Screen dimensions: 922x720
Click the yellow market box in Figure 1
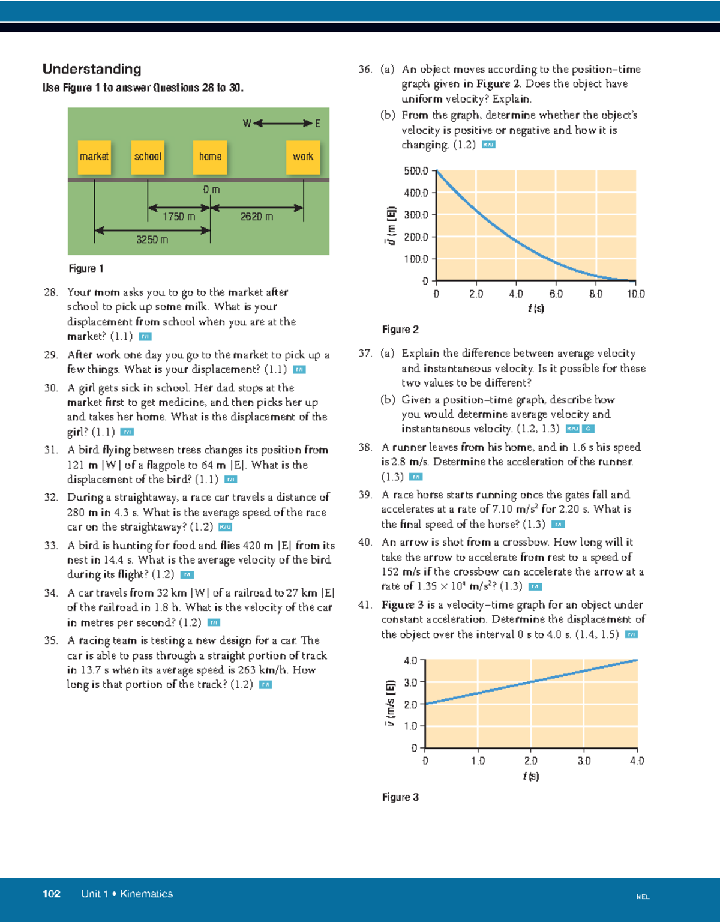(94, 157)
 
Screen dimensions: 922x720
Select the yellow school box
(148, 157)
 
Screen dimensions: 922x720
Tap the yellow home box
(210, 157)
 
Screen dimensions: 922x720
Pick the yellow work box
(303, 157)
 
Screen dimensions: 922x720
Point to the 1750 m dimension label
(179, 217)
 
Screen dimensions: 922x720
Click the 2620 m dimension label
(257, 217)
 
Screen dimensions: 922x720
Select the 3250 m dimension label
(152, 240)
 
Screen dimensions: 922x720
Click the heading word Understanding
(92, 69)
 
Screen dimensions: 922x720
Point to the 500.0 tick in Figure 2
(416, 171)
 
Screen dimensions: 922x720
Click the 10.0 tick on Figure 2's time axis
(636, 294)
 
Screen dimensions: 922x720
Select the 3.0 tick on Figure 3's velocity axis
(410, 682)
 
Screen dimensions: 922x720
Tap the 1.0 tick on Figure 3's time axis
(478, 761)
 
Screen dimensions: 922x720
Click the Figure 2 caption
(400, 330)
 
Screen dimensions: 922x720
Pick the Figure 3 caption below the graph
(400, 797)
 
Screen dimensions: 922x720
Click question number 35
(50, 640)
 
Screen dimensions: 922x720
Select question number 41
(365, 605)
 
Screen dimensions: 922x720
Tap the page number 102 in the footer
(52, 894)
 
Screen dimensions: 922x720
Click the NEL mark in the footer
(643, 897)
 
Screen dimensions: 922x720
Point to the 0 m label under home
(211, 190)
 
